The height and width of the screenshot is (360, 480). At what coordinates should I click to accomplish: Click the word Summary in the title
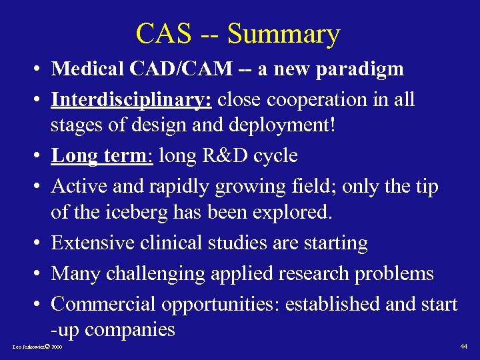pos(283,33)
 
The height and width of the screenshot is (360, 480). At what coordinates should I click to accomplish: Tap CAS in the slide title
pos(161,33)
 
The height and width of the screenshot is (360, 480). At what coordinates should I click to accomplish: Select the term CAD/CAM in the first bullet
pos(178,69)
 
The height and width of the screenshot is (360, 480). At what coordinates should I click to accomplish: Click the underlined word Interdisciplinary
pos(131,100)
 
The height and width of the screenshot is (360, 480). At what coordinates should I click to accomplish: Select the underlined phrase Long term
pos(102,155)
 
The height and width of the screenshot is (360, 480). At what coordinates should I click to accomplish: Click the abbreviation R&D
pos(215,155)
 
